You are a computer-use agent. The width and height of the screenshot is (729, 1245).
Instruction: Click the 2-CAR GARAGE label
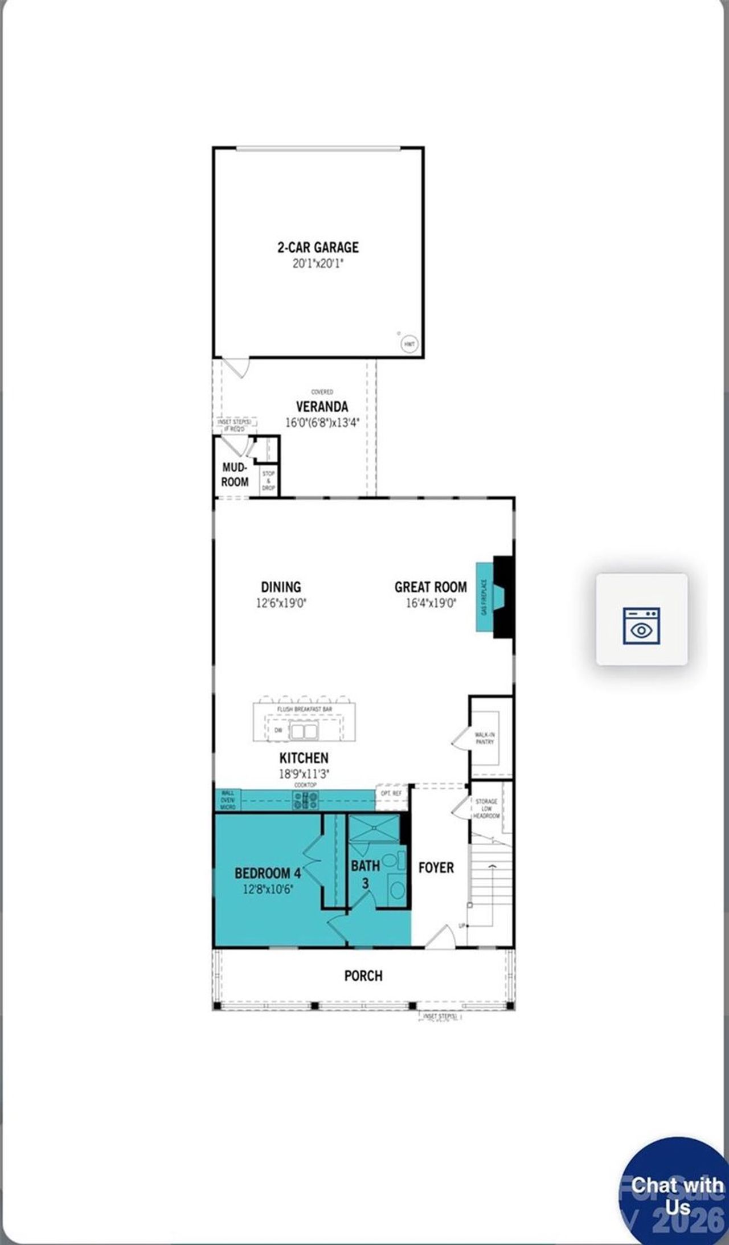318,247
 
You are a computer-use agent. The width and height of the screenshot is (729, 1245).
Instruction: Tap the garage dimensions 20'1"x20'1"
318,264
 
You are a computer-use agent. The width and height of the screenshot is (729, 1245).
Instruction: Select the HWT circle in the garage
409,344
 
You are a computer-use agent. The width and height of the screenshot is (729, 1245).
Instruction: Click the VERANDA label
322,407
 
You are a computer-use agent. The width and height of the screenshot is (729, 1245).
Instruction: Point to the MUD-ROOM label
235,474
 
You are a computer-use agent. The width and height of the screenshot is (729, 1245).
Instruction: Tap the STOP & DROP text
268,481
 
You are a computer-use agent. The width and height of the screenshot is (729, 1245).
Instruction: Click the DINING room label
281,587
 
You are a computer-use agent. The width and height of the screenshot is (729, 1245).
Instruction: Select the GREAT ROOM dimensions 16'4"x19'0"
431,603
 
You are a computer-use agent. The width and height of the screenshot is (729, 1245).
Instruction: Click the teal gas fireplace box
484,597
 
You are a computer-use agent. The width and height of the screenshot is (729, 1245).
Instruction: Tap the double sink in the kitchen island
304,731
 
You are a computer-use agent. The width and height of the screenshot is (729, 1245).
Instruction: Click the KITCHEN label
304,758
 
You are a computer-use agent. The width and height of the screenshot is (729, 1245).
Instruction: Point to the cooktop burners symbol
305,800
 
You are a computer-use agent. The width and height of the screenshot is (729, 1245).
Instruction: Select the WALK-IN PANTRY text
485,738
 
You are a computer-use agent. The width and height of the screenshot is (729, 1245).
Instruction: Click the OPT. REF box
391,793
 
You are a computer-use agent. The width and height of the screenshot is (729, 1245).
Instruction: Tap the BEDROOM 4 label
267,873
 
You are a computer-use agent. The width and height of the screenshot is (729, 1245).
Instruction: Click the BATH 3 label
365,874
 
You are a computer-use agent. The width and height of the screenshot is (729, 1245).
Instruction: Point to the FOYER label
436,867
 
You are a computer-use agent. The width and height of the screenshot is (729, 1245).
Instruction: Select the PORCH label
363,976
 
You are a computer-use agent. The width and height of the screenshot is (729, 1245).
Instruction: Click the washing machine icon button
642,619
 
